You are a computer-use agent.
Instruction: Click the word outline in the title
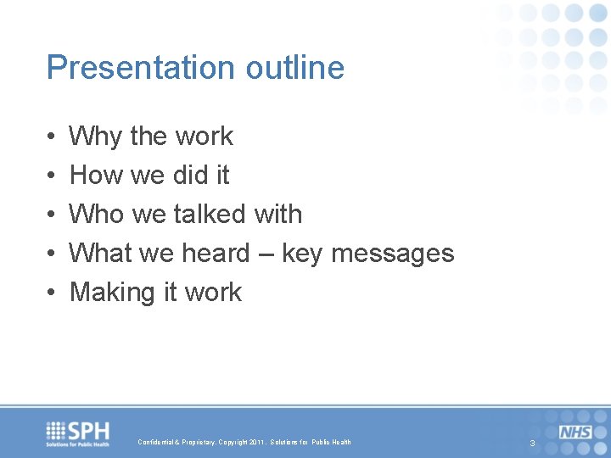pyautogui.click(x=295, y=68)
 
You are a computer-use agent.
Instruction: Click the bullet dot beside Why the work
pyautogui.click(x=52, y=137)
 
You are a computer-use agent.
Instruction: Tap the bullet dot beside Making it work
pyautogui.click(x=52, y=293)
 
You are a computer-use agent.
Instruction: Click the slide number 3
pyautogui.click(x=532, y=444)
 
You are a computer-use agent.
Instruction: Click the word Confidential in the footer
pyautogui.click(x=157, y=443)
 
